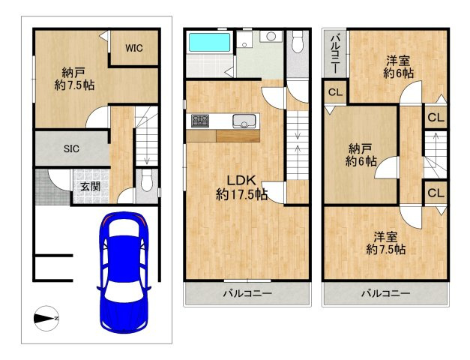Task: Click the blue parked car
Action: point(124,272)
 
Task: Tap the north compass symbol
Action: point(46,319)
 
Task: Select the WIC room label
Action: point(134,48)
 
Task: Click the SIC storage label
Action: point(72,148)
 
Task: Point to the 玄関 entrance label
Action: point(90,187)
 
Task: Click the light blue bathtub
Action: point(209,42)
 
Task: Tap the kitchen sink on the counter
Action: point(244,121)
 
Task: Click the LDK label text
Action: point(241,181)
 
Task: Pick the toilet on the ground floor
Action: point(146,181)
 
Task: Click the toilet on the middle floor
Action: point(297,41)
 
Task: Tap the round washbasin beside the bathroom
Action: point(271,36)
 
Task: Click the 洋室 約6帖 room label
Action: point(398,67)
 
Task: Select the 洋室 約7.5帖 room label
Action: point(386,243)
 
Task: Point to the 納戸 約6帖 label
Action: point(361,154)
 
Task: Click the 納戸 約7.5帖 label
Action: point(74,79)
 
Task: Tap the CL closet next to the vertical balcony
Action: point(335,92)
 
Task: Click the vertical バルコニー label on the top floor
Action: point(335,54)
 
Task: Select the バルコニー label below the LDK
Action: point(247,293)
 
